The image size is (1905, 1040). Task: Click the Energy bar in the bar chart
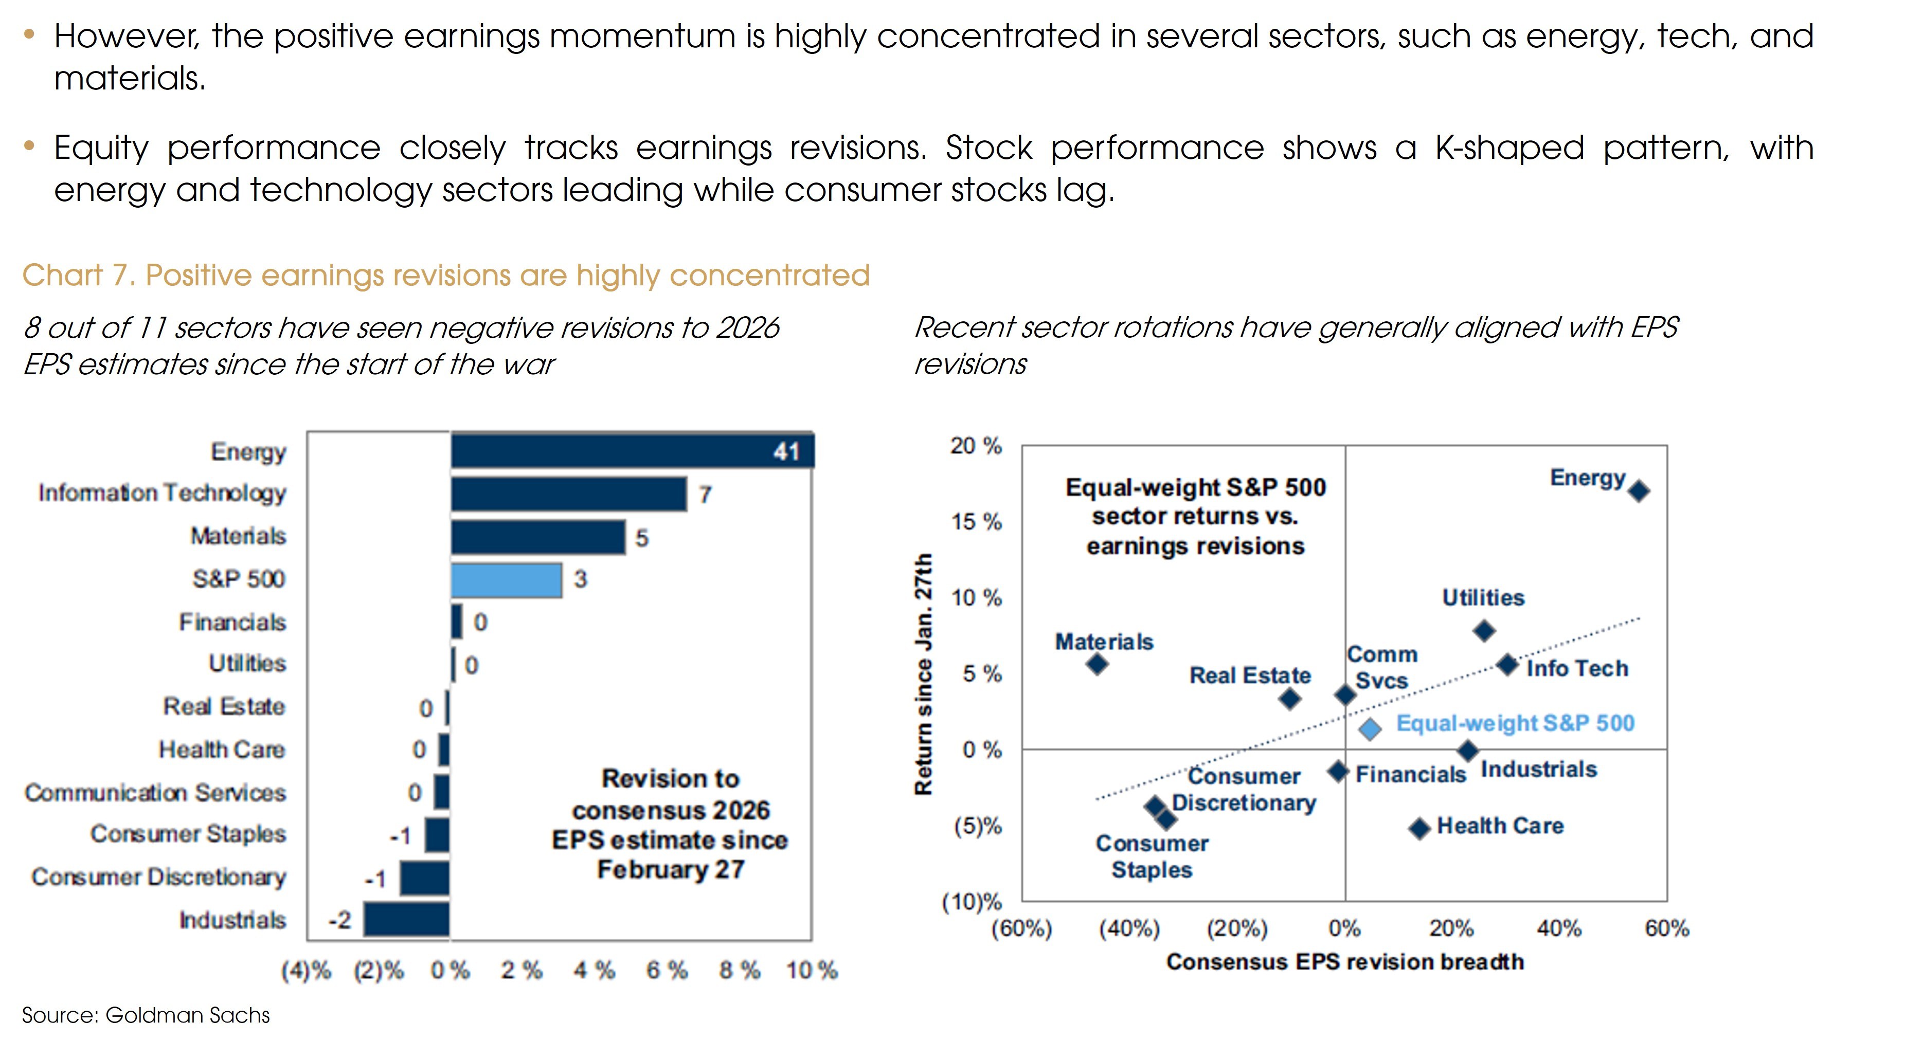tap(632, 451)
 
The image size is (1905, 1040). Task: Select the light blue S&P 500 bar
tap(507, 580)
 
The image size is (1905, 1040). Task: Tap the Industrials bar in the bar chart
tap(406, 920)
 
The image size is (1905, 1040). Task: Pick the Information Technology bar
tap(569, 494)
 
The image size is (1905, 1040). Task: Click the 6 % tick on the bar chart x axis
tap(667, 970)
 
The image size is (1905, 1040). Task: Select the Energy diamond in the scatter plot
tap(1639, 491)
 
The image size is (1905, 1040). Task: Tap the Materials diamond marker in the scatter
tap(1098, 664)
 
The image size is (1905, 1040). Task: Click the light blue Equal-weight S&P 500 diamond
tap(1370, 729)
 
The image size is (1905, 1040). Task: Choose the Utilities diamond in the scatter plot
tap(1484, 631)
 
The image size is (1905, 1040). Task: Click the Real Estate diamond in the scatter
tap(1290, 699)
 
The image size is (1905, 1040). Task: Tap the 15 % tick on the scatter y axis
tap(976, 522)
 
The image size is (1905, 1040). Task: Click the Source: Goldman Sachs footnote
tap(146, 1015)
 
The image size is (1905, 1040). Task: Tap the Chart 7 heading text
tap(446, 275)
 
